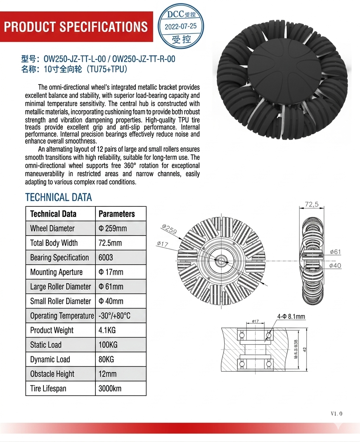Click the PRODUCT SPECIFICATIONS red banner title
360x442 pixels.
tap(76, 27)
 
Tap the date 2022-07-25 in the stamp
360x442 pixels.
tap(181, 27)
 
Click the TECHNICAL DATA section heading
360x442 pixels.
tap(59, 197)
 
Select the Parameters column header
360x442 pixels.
tap(117, 214)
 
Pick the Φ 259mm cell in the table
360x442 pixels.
tap(113, 228)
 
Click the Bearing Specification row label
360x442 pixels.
tap(59, 257)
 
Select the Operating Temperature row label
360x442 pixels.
tap(62, 315)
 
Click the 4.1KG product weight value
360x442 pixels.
tap(107, 330)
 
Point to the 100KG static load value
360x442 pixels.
tap(108, 345)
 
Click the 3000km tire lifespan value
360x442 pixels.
tap(110, 388)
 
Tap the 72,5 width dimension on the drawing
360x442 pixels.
tap(312, 204)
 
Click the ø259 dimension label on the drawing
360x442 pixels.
tap(169, 229)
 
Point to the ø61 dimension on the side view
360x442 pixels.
tap(335, 252)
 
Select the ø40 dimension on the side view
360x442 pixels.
tap(335, 265)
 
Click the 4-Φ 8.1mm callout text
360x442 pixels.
tap(291, 317)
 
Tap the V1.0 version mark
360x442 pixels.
tap(336, 414)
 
